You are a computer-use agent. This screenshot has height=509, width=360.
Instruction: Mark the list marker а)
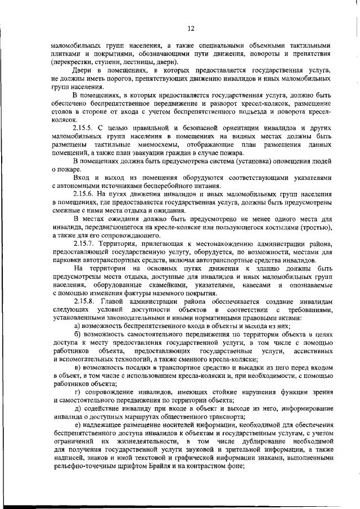point(78,326)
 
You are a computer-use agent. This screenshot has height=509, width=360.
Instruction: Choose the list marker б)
point(78,334)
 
